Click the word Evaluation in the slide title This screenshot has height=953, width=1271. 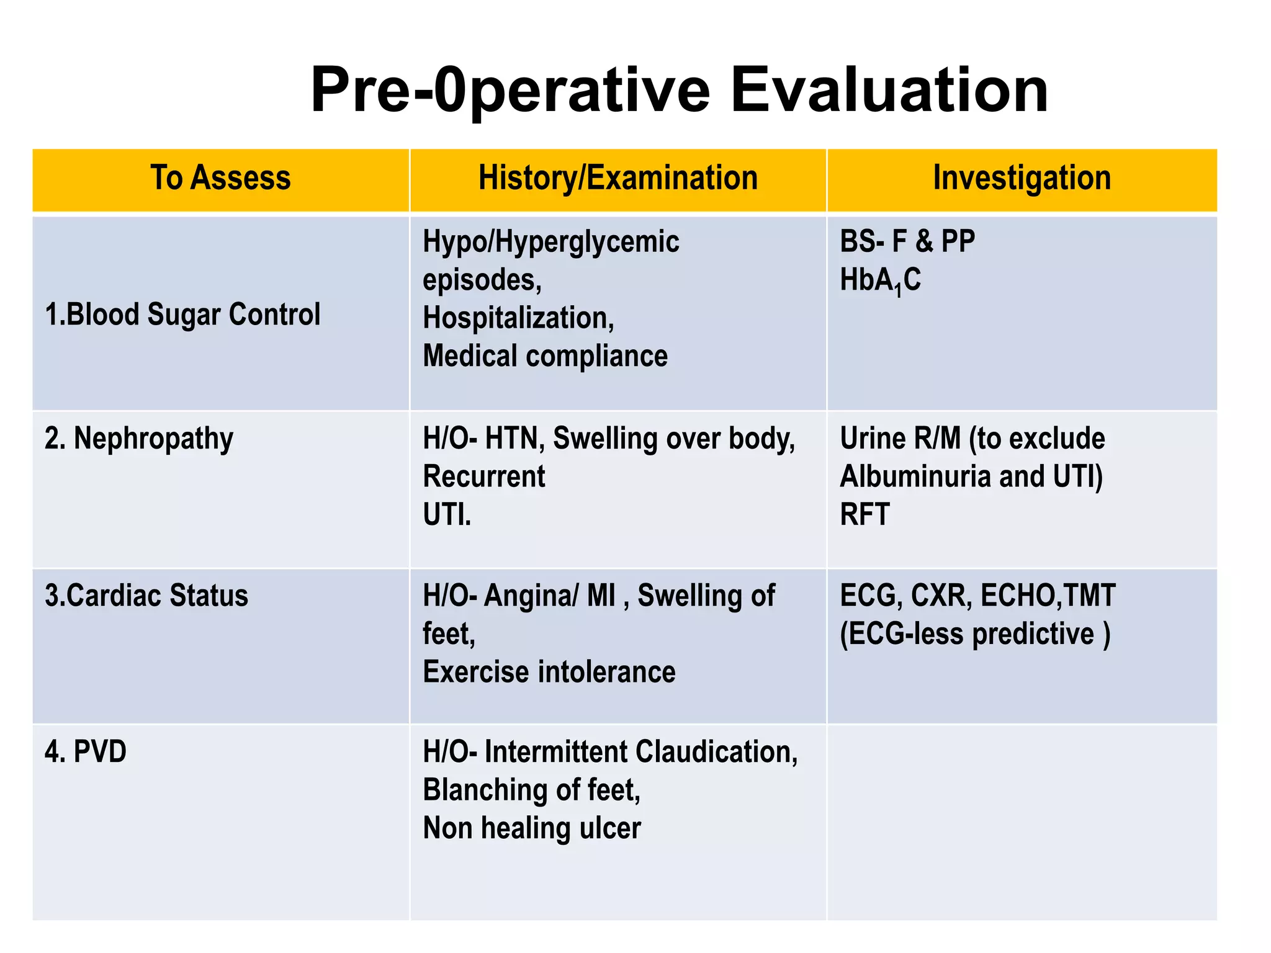pyautogui.click(x=889, y=91)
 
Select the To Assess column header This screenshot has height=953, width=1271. pyautogui.click(x=220, y=178)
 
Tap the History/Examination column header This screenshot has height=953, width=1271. pyautogui.click(x=618, y=178)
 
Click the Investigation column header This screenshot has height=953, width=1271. pyautogui.click(x=1022, y=178)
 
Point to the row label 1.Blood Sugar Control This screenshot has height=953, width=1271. pyautogui.click(x=182, y=314)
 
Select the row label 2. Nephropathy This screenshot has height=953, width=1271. pyautogui.click(x=139, y=439)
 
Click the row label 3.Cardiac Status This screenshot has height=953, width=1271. pyautogui.click(x=146, y=596)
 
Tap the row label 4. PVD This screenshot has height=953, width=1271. pyautogui.click(x=86, y=752)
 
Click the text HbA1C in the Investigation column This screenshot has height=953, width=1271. pyautogui.click(x=880, y=280)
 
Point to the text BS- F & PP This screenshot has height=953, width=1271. pyautogui.click(x=907, y=241)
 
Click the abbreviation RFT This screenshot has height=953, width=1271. pyautogui.click(x=865, y=514)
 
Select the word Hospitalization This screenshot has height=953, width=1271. pyautogui.click(x=518, y=318)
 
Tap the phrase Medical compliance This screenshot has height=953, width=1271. pyautogui.click(x=545, y=356)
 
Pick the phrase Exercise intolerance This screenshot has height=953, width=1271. pyautogui.click(x=549, y=672)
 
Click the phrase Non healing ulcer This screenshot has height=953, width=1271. pyautogui.click(x=531, y=828)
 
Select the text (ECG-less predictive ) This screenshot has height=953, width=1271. pyautogui.click(x=974, y=634)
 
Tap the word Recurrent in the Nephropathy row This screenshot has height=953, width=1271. pyautogui.click(x=483, y=476)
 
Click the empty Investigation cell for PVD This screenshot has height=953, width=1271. pyautogui.click(x=1022, y=822)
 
